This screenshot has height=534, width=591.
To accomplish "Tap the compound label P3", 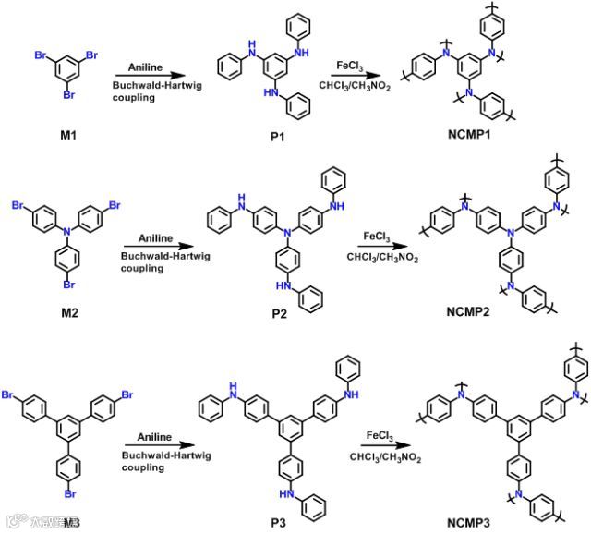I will [x=278, y=523].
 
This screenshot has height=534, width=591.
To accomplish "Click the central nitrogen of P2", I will [x=287, y=234].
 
